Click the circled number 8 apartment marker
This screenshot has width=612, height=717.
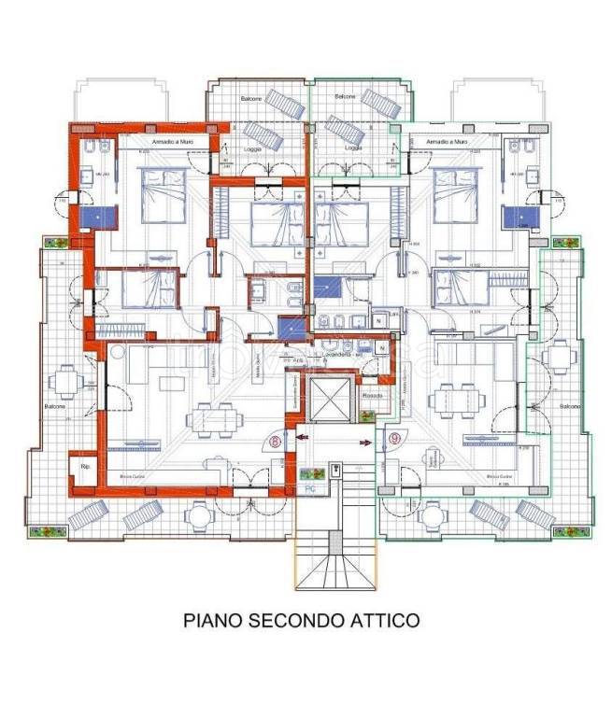tap(276, 443)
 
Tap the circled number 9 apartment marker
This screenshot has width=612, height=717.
tap(395, 437)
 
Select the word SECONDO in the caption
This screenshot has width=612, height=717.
tap(293, 619)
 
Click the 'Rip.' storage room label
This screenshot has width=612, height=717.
tap(84, 466)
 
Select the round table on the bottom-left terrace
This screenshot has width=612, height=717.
tap(199, 514)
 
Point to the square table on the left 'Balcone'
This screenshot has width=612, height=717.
tap(64, 380)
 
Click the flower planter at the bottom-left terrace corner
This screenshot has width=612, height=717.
tap(42, 532)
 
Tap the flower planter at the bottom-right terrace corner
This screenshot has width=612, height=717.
tap(571, 532)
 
